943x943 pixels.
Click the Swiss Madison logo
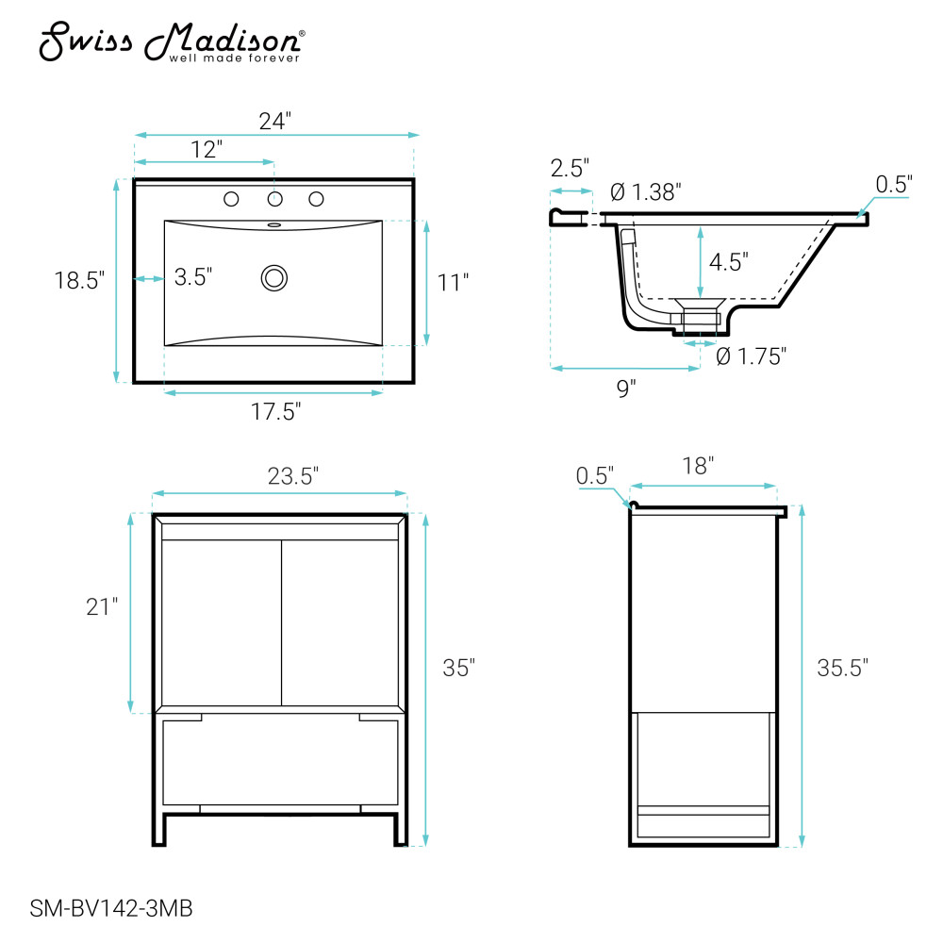pos(172,42)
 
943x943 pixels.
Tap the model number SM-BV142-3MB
pos(111,908)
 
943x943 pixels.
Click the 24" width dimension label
pos(274,122)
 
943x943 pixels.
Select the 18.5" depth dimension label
pos(79,280)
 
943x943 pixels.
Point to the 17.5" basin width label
pos(275,412)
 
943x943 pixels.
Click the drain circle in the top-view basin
pos(274,278)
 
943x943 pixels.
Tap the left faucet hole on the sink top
pos(231,199)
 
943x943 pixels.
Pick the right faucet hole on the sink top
pos(316,199)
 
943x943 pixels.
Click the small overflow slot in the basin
pos(274,225)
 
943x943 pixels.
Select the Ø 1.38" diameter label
pos(645,192)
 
